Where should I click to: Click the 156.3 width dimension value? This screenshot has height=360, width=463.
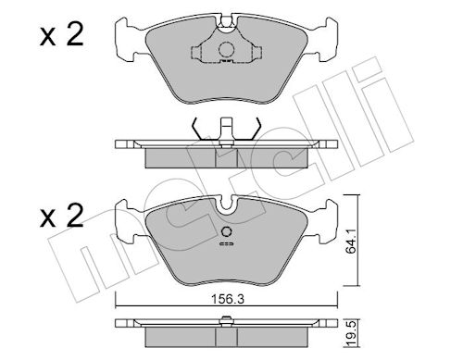click(228, 299)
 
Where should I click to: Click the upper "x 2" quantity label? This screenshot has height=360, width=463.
click(62, 35)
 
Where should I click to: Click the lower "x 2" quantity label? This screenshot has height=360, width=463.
click(62, 216)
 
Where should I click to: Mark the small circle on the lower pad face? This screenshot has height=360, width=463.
click(227, 232)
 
